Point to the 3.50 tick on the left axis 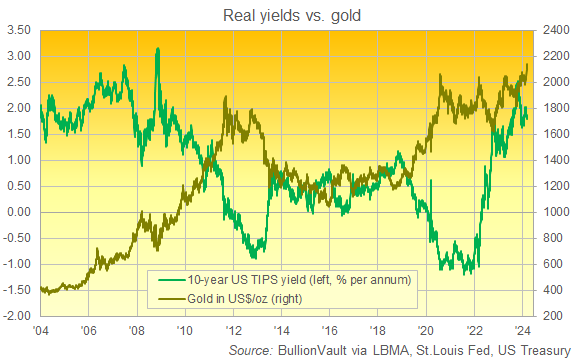pos(17,31)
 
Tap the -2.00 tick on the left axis pos(15,316)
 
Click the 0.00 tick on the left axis pos(17,212)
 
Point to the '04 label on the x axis pos(40,329)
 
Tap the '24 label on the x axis pos(523,329)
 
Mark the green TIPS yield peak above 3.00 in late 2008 pos(157,49)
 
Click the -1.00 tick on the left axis pos(15,264)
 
